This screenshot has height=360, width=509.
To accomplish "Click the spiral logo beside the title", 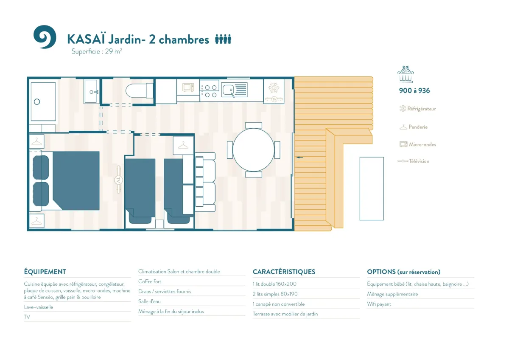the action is (45, 37).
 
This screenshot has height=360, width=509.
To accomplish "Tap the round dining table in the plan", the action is (253, 150).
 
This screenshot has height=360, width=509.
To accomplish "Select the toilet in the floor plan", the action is (140, 91).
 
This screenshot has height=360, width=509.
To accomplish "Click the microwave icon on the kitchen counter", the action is (188, 87).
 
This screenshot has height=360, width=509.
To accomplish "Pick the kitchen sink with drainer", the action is (234, 90).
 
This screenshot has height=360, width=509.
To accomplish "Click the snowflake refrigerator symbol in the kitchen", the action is (274, 87).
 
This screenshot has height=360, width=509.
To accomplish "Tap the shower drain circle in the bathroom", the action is (37, 101).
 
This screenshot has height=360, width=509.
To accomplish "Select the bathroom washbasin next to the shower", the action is (91, 91).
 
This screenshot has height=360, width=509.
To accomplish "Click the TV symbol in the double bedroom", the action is (118, 180).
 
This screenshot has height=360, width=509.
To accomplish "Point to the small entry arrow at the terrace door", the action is (299, 157).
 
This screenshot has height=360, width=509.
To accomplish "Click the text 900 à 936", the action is (414, 90).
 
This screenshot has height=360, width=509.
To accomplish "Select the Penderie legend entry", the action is (414, 127).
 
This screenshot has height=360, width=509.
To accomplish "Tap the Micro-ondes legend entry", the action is (418, 144).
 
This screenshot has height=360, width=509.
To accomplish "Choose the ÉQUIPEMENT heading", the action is (45, 272).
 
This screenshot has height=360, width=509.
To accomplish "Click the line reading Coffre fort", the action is (150, 281).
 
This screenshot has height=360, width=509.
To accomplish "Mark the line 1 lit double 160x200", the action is (274, 284).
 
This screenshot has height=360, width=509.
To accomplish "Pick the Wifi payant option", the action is (379, 304).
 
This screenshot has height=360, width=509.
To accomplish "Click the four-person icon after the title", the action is (223, 39).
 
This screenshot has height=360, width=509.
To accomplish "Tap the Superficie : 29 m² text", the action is (97, 51).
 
